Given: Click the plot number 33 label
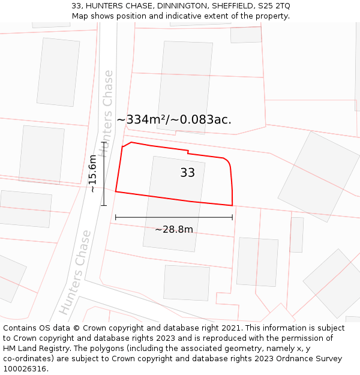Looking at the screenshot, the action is point(187,173).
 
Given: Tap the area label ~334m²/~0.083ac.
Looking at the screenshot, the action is point(174,120).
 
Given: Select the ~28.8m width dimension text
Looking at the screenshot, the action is point(174,229).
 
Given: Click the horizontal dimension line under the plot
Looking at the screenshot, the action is point(174,217).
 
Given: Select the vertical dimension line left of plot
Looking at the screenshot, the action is point(104,174).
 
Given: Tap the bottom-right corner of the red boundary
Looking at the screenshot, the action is point(232,205).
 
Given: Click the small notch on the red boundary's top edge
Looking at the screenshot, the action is point(188,152).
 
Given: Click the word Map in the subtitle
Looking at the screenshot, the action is point(80,16).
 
